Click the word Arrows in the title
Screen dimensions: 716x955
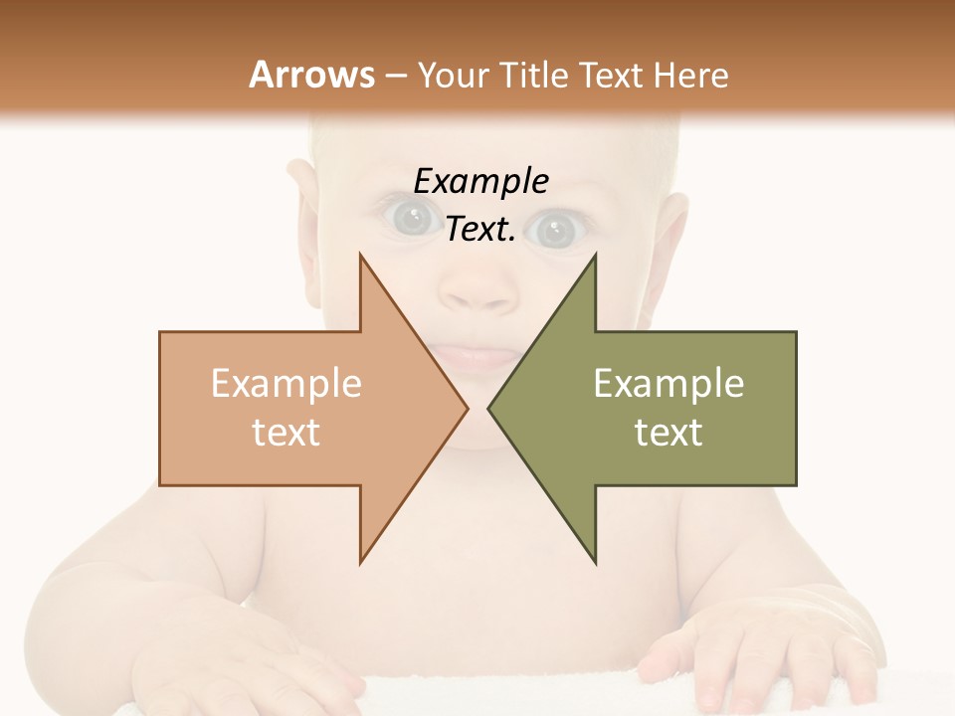(311, 75)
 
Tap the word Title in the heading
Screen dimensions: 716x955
(531, 75)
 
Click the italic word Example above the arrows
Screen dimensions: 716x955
(480, 182)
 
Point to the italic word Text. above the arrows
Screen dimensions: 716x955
(480, 229)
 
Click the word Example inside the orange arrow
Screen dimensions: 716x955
(286, 384)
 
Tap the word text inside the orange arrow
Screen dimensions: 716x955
(286, 432)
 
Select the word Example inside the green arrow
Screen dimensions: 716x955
(668, 384)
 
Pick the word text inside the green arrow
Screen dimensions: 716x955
(668, 432)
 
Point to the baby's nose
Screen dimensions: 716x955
(477, 288)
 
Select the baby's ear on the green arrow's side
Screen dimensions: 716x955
(668, 239)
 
